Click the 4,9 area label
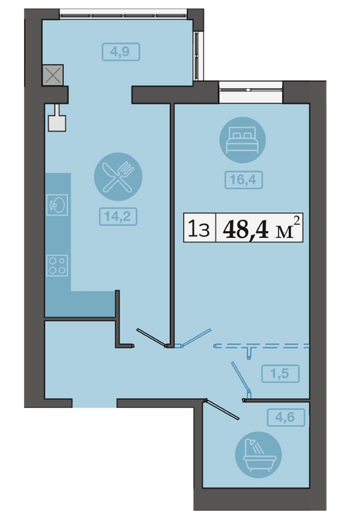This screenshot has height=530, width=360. tap(121, 52)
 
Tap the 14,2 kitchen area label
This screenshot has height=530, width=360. tap(118, 216)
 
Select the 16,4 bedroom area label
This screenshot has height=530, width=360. tap(243, 180)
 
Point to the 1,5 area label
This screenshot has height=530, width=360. tap(280, 373)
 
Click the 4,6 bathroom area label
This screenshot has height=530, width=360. tap(286, 417)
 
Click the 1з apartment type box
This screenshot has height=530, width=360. tap(199, 228)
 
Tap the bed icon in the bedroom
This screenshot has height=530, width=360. tap(243, 140)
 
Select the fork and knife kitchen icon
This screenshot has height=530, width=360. tap(118, 177)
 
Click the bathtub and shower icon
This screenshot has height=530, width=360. tap(258, 454)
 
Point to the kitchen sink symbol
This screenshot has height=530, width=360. tap(57, 205)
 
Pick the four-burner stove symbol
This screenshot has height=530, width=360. tap(57, 265)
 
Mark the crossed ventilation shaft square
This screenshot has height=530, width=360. tap(53, 75)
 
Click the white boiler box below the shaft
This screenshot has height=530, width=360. tap(57, 123)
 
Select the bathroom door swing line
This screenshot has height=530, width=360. tap(222, 409)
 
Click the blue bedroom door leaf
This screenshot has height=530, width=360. tap(195, 338)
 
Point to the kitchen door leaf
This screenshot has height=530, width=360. tap(151, 338)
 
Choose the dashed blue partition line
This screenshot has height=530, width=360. tap(262, 346)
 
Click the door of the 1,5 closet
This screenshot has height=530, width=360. tap(241, 379)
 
